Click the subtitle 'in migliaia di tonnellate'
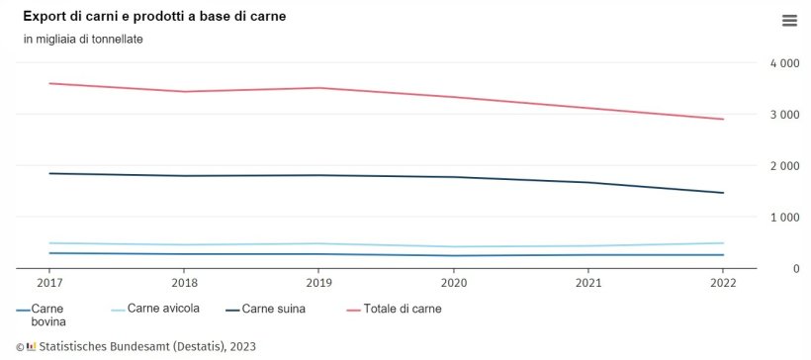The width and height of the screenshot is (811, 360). coord(83,39)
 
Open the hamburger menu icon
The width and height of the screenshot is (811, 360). coord(788,21)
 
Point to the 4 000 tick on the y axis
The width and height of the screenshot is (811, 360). coord(784,63)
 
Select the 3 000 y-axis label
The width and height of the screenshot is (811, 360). coord(784,115)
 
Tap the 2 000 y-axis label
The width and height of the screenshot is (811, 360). coord(784,166)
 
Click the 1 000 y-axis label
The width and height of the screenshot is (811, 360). coord(784,218)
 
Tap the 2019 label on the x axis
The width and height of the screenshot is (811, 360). coord(317,282)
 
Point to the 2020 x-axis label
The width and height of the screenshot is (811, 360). coord(453,282)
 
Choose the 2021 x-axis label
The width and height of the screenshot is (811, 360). coord(587,282)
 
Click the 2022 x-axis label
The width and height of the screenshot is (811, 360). coord(723,282)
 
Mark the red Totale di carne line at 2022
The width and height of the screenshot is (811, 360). coord(723,120)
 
